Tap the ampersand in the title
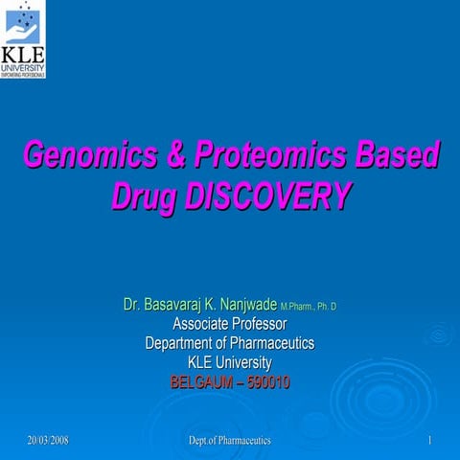174,155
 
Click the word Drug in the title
144,197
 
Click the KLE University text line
230,362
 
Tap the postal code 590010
267,381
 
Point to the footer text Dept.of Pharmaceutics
230,440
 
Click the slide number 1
431,440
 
